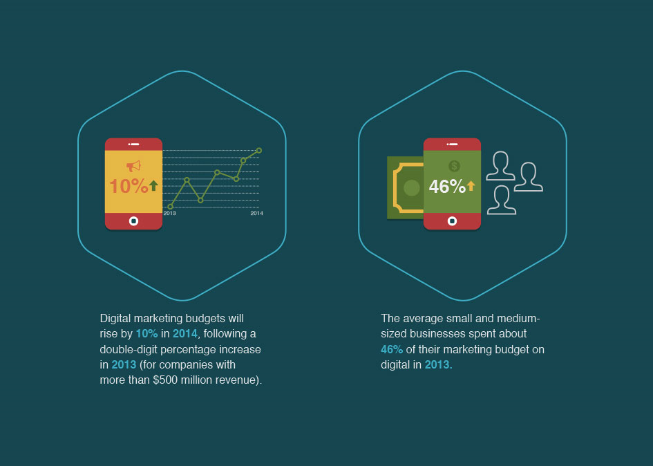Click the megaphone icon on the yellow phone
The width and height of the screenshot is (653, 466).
[x=133, y=167]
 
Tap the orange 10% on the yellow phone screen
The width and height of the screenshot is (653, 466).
[x=129, y=186]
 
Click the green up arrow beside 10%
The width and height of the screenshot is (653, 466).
[x=153, y=185]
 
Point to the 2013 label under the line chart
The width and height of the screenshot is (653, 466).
[x=169, y=213]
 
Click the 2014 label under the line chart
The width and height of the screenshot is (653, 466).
[x=256, y=213]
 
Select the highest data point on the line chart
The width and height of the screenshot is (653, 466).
[x=259, y=151]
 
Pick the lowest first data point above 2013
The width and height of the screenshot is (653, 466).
[x=170, y=206]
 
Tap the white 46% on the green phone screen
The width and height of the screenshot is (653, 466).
[x=447, y=186]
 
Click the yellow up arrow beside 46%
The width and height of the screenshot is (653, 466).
[x=471, y=186]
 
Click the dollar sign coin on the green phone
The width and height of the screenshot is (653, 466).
[x=455, y=167]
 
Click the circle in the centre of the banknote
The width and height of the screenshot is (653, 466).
[x=411, y=188]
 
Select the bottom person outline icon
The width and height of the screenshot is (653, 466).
[x=502, y=200]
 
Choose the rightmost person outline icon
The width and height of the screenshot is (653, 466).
[x=529, y=177]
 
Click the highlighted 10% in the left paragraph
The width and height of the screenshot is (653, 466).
[x=147, y=334]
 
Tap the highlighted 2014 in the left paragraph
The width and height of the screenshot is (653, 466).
[x=185, y=334]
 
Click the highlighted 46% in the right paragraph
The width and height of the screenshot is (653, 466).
[x=392, y=349]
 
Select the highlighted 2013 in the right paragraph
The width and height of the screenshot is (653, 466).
[x=437, y=365]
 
